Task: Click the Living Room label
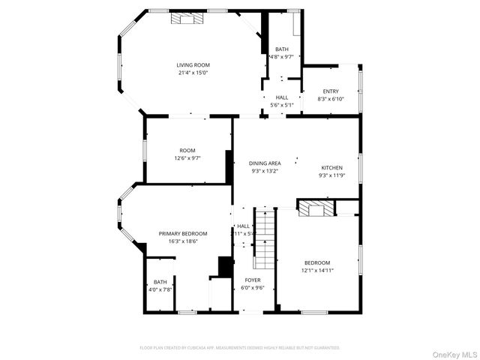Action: (x=193, y=65)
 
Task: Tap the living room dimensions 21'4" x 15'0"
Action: (x=193, y=73)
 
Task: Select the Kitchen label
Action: (x=332, y=167)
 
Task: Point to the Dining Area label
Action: (x=265, y=163)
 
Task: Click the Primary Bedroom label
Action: (x=183, y=233)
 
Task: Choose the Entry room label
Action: (x=331, y=91)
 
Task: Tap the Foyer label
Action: (x=252, y=280)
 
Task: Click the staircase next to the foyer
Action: (x=264, y=238)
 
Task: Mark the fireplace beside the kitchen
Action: (x=315, y=208)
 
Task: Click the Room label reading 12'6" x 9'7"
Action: (x=187, y=151)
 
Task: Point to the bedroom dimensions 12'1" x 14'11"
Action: (x=317, y=270)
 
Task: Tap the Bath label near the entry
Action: (x=281, y=49)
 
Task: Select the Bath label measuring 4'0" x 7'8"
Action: (x=160, y=282)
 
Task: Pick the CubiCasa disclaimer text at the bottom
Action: (x=240, y=348)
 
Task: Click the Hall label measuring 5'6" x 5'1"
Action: (x=282, y=97)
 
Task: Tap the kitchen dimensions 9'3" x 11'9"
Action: (x=332, y=175)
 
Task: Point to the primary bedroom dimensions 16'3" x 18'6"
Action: (x=183, y=241)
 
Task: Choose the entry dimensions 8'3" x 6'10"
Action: (x=331, y=99)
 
